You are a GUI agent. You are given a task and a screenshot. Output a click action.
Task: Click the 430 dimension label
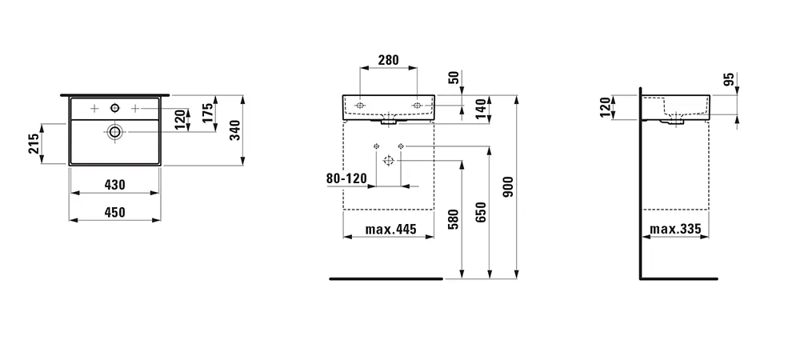coord(114,185)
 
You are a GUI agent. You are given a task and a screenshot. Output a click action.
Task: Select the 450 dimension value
coord(114,212)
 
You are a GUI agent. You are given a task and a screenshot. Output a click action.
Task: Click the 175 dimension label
coord(207,114)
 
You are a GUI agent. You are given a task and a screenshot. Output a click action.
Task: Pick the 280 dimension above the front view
coord(388,60)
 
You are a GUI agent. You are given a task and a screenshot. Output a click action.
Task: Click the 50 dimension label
coord(454,78)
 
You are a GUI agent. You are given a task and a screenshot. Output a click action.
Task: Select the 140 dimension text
coord(480,109)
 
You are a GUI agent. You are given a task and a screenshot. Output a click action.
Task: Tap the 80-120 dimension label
coord(346,178)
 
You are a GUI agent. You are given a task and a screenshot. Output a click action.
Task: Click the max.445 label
coord(391,230)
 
